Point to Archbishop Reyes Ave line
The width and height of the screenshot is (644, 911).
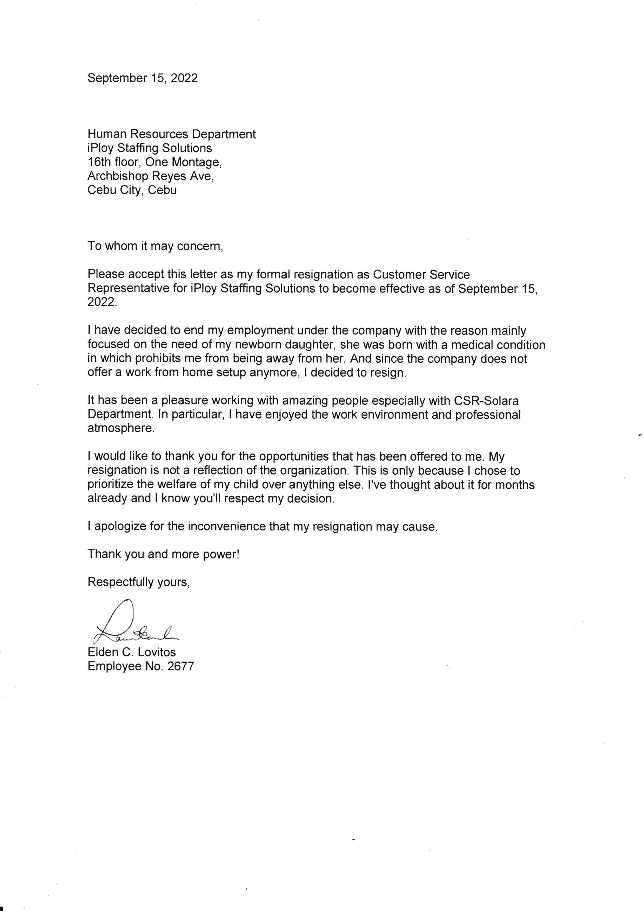click(151, 176)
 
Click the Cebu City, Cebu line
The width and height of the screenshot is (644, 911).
click(132, 190)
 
